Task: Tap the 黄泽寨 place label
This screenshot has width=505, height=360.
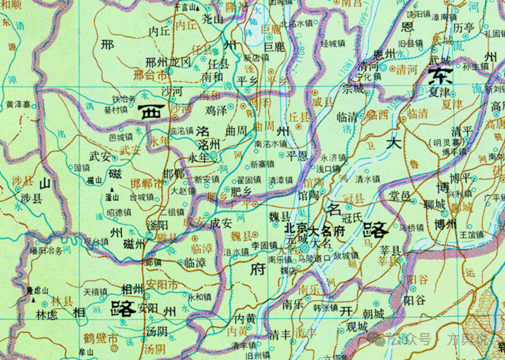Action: point(19,105)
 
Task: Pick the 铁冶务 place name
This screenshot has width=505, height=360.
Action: point(124,99)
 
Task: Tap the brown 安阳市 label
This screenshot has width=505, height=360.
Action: point(162,284)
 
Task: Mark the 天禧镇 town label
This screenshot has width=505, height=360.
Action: point(95,292)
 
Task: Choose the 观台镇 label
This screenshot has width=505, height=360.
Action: point(96,242)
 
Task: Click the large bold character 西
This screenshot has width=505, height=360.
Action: point(151,112)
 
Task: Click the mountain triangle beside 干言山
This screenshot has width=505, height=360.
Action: point(197,8)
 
